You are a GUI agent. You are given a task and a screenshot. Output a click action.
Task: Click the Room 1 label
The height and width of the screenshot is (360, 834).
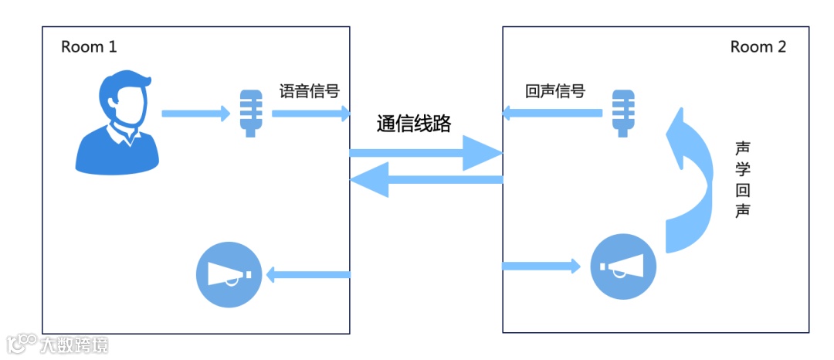[89, 47]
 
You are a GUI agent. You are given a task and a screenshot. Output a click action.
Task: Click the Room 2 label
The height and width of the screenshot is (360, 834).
[758, 47]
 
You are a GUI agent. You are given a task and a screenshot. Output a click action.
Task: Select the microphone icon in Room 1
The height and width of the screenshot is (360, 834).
[250, 113]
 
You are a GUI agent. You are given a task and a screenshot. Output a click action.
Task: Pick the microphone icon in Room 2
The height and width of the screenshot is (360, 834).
[623, 113]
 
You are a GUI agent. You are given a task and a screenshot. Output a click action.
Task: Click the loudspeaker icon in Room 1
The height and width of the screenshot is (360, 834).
[228, 275]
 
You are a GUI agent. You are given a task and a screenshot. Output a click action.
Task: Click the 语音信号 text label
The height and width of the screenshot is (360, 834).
[310, 91]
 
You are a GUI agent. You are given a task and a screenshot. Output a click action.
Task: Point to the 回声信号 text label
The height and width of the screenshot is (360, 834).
[554, 91]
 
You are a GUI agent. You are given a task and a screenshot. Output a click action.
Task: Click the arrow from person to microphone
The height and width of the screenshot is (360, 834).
[195, 114]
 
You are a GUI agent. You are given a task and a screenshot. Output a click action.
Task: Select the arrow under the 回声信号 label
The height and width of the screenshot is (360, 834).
[551, 114]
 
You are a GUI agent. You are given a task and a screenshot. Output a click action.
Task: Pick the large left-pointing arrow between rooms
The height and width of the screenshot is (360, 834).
[426, 181]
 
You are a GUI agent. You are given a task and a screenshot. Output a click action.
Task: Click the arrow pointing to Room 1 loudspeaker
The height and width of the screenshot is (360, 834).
[308, 274]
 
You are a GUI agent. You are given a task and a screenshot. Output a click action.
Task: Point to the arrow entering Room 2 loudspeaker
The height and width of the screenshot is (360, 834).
[541, 267]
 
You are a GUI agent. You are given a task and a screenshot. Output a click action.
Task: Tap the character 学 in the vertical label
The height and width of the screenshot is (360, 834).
[743, 169]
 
